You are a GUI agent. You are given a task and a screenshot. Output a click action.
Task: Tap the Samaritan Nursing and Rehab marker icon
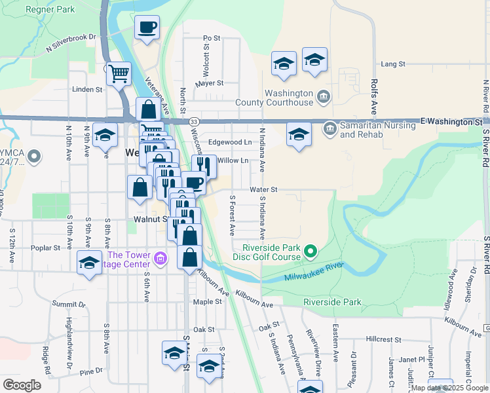tap(330, 126)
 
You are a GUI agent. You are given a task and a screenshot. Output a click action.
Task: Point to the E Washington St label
tap(451, 121)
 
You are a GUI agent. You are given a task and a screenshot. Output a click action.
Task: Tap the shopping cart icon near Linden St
tap(119, 75)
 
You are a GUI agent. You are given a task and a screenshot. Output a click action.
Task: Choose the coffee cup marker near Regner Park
tap(147, 28)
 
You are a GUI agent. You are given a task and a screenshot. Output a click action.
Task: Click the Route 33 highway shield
tap(195, 121)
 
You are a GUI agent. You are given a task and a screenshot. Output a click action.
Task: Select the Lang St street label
tap(393, 64)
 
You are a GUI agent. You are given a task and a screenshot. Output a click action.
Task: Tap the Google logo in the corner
tap(22, 385)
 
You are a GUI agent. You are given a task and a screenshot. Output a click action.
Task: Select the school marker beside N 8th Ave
tap(105, 136)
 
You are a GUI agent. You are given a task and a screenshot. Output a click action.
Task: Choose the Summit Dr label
tap(69, 304)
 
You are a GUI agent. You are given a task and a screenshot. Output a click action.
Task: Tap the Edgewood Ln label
tap(230, 142)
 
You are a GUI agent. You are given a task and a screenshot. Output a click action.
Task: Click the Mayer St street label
tap(210, 83)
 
